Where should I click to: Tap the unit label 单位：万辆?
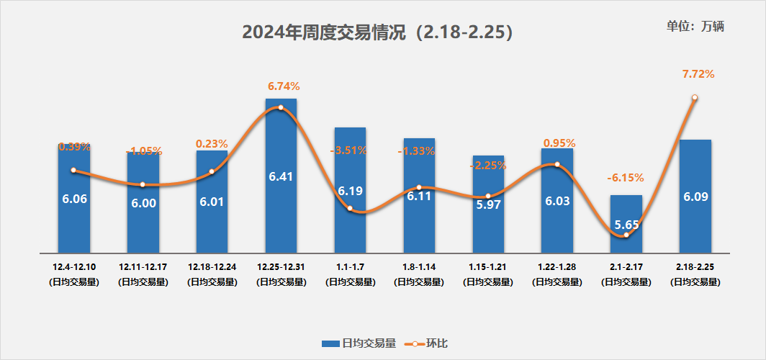point(695,27)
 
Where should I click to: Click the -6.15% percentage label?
point(625,178)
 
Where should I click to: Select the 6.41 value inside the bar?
point(281,176)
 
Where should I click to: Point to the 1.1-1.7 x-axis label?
point(350,267)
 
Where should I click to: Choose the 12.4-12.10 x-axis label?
point(73,267)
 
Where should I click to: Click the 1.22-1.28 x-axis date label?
point(557,267)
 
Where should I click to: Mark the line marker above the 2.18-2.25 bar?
point(695,98)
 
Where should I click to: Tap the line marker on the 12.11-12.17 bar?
point(143,185)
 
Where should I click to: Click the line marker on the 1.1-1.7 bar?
point(350,209)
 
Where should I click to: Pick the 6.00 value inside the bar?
point(143,204)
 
